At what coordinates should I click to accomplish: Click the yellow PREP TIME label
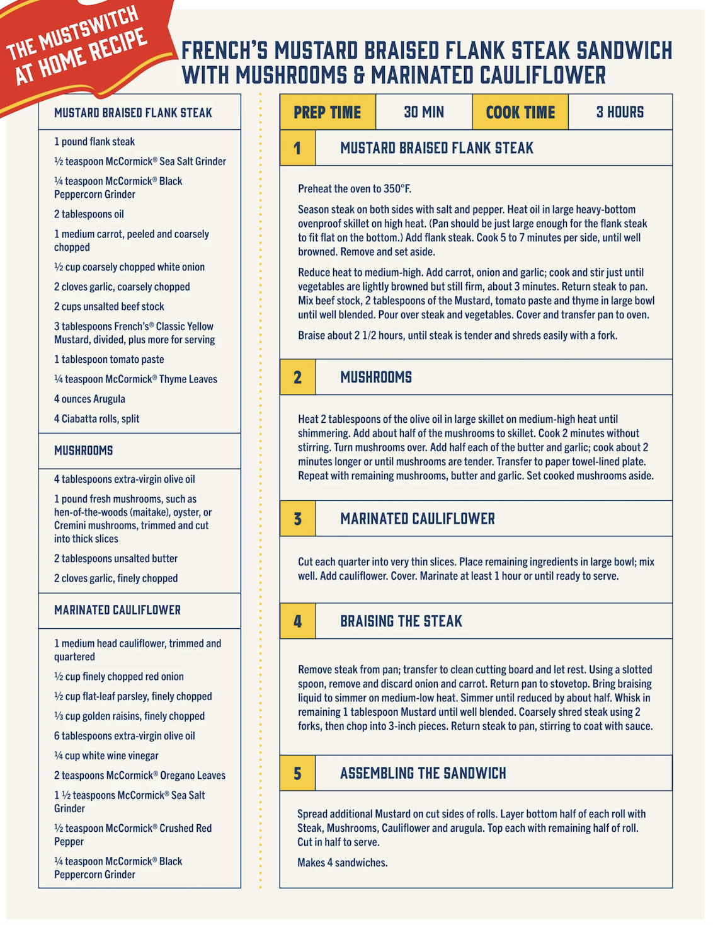point(328,112)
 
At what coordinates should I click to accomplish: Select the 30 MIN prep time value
point(424,112)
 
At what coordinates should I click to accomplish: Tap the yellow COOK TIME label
point(520,112)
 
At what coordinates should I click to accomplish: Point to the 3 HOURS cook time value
point(620,112)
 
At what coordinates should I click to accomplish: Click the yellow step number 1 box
point(297,148)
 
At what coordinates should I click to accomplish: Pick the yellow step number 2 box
point(297,377)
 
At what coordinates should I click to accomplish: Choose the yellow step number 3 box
point(297,519)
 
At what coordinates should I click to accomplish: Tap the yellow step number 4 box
point(297,621)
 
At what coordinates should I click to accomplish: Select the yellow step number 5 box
point(297,773)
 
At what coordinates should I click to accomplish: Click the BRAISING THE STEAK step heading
point(401,621)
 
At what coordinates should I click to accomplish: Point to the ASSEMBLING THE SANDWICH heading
point(423,773)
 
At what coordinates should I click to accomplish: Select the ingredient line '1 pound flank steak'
point(94,142)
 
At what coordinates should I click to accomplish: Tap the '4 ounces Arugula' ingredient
point(89,399)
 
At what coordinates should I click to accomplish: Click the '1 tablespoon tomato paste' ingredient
point(109,359)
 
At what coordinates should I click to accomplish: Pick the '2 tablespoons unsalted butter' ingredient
point(116,558)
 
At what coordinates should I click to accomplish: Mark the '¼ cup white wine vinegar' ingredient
point(106,756)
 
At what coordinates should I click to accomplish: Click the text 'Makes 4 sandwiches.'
point(343,863)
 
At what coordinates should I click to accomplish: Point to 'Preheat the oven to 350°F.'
point(355,188)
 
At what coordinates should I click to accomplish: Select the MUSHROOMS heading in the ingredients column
point(84,451)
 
